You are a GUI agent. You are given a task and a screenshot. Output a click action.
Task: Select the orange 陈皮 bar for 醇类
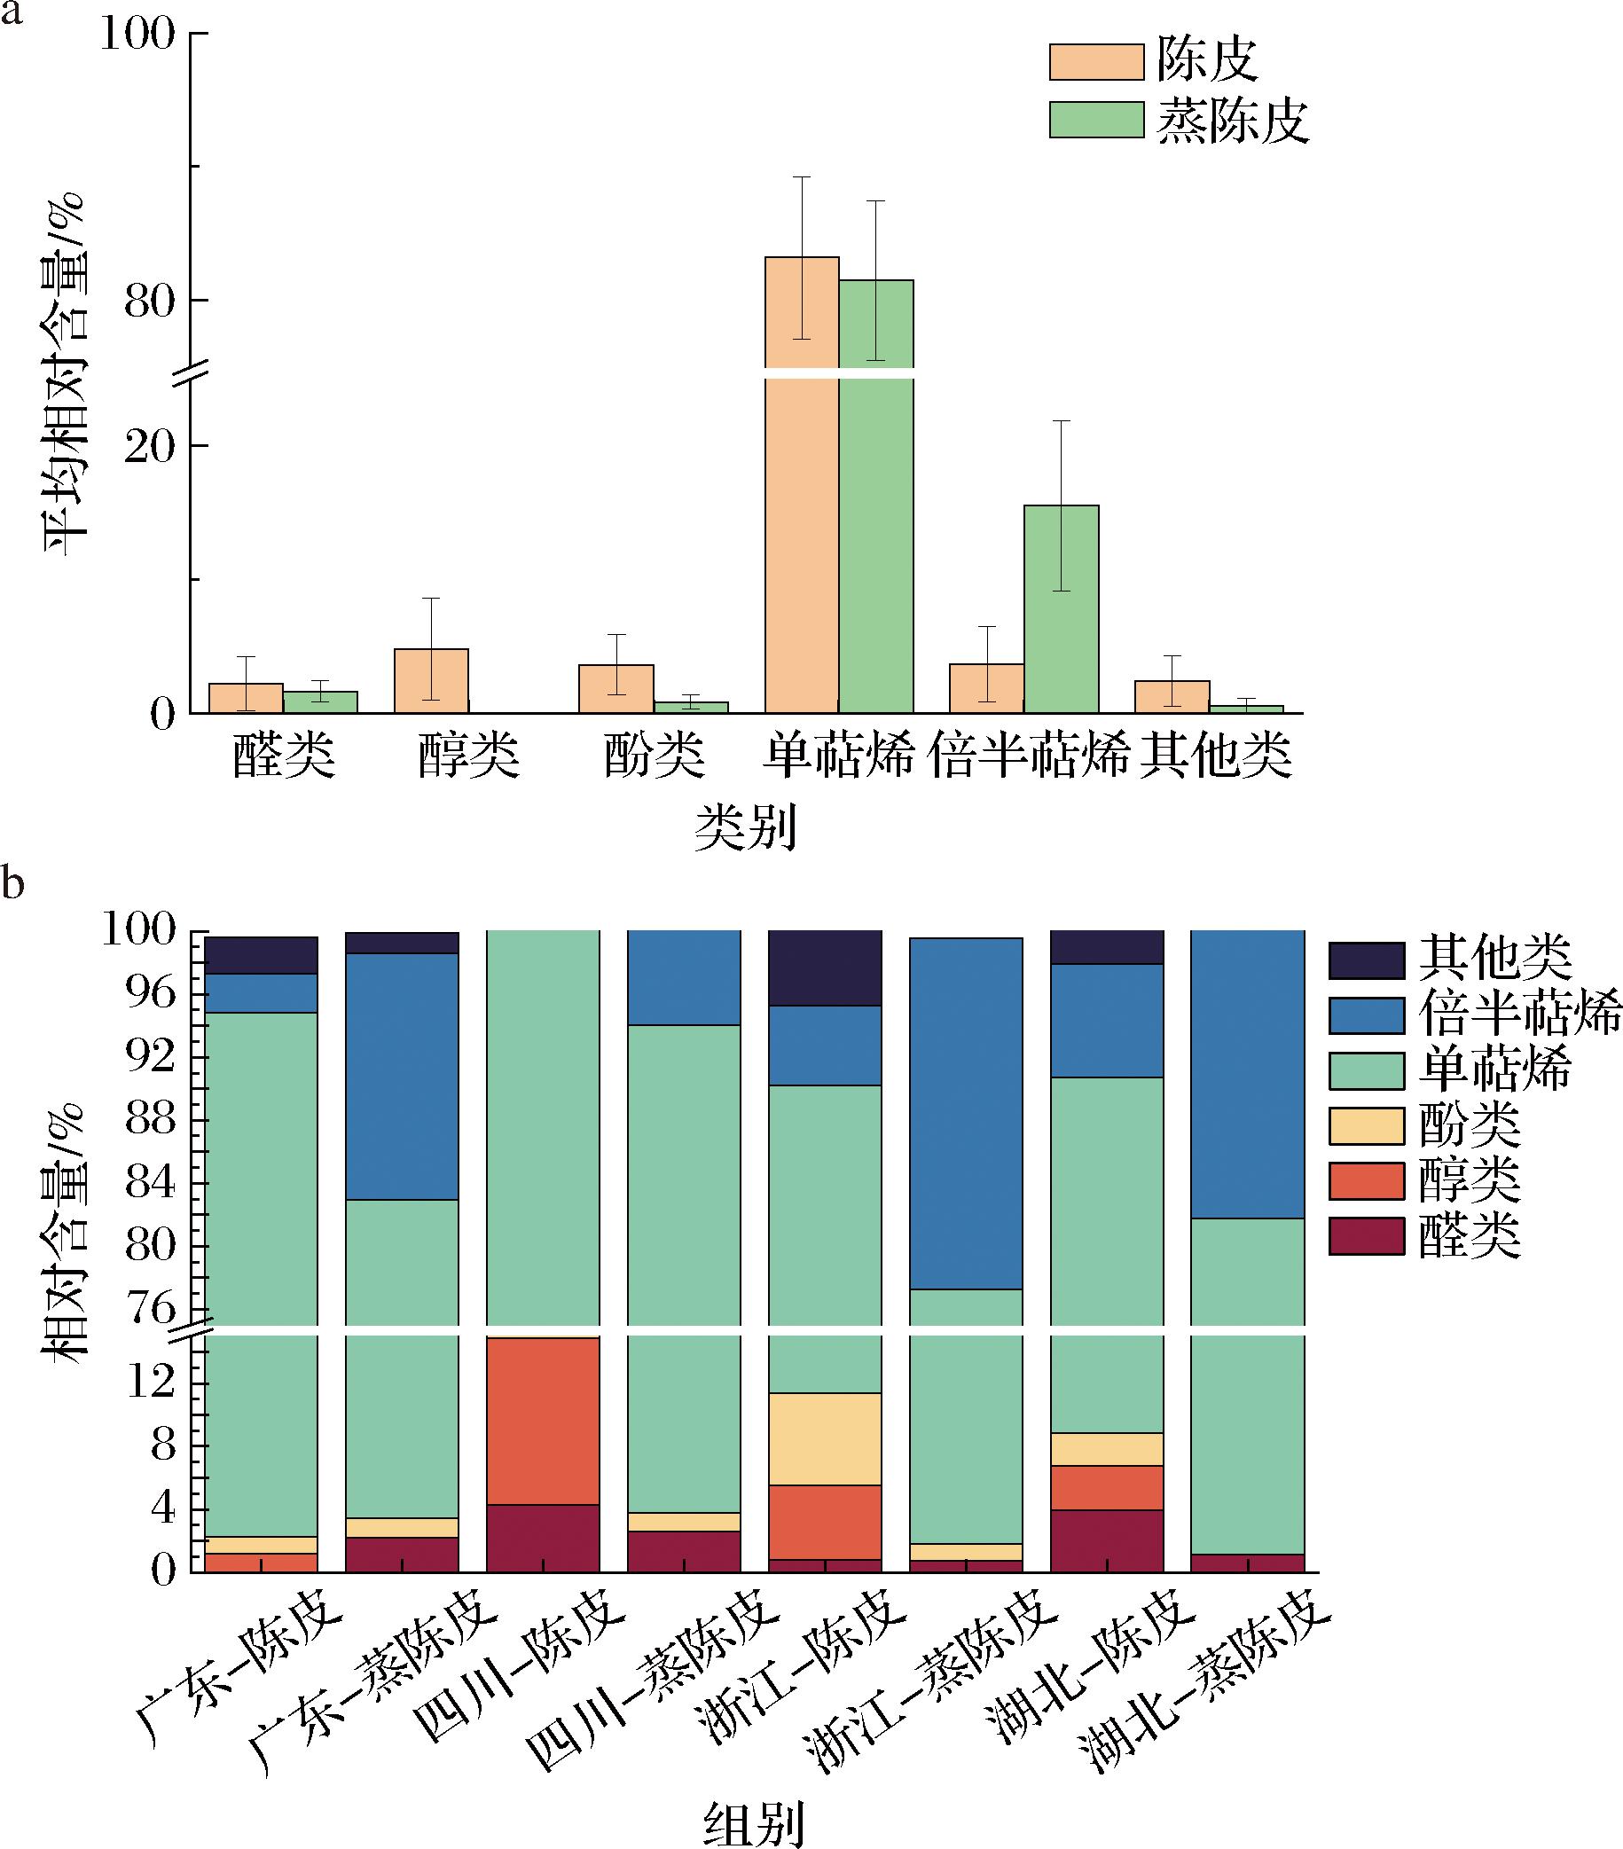coord(432,681)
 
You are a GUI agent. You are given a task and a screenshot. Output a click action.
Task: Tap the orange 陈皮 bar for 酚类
coord(616,689)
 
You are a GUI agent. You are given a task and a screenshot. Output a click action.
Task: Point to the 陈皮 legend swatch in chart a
coord(1096,61)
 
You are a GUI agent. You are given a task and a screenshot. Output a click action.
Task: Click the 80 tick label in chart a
coord(149,302)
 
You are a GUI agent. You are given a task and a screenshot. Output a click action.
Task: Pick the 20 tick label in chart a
coord(149,447)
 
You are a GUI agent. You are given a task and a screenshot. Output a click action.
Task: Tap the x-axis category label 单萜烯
coord(838,755)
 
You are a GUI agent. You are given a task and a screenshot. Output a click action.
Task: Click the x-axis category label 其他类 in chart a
coord(1215,755)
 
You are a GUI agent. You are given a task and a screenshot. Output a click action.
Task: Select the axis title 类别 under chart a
coord(746,827)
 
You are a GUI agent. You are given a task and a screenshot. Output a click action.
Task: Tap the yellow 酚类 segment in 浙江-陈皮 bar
coord(825,1438)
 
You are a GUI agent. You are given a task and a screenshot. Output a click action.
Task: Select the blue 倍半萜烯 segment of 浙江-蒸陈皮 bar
coord(966,1113)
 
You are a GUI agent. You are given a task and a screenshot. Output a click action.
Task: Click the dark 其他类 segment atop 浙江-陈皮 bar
coord(825,968)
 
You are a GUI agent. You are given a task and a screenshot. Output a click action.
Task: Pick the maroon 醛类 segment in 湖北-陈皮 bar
coord(1108,1540)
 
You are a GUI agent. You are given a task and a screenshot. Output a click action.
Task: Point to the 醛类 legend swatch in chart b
coord(1366,1235)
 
